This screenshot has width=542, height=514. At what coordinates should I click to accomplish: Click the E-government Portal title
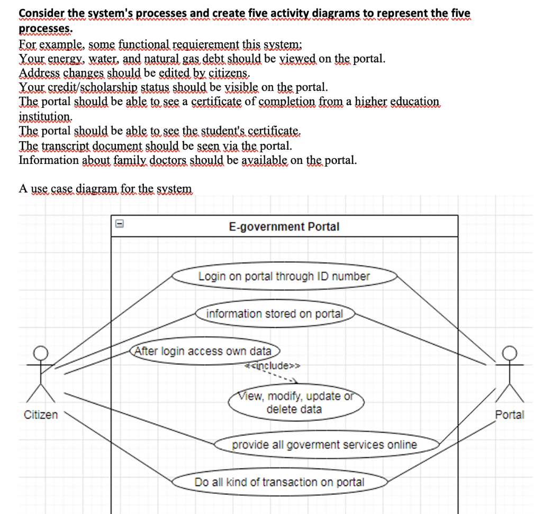[284, 227]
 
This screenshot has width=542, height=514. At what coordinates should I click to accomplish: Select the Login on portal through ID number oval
[284, 276]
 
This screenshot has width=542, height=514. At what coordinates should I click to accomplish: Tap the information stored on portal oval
[275, 314]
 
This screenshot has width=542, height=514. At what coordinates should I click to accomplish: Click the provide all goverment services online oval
[324, 445]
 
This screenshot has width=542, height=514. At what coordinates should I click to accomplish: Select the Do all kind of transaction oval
[279, 482]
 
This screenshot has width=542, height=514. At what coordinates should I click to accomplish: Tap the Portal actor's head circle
[509, 352]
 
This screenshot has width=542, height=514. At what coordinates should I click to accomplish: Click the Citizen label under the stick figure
[41, 415]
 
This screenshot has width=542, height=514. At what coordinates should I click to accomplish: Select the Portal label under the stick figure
[509, 415]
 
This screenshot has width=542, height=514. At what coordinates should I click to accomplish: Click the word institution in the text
[44, 116]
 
